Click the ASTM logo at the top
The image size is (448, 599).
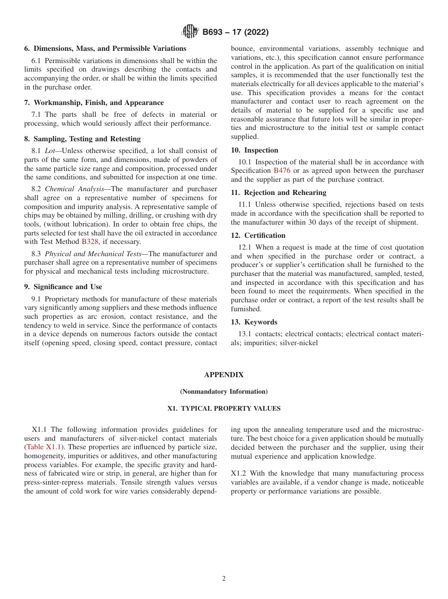coord(190,32)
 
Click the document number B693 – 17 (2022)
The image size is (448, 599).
coord(235,32)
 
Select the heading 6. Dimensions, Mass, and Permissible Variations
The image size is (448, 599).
coord(105,49)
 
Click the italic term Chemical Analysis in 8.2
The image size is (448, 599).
coord(75,189)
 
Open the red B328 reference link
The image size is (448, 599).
coord(91,242)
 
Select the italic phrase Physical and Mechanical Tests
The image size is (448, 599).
coord(93,254)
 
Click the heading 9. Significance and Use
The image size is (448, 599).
coord(63,287)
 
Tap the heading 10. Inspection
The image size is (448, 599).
coord(255,150)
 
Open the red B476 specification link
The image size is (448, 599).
coord(282,170)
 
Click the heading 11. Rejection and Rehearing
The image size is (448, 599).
coord(278,193)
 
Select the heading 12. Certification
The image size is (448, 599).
coord(258,235)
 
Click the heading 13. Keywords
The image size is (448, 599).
coord(254,322)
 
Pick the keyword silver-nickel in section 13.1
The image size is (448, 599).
coord(299,343)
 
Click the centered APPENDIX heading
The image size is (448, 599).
coord(224,375)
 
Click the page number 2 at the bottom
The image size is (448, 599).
coord(224,579)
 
